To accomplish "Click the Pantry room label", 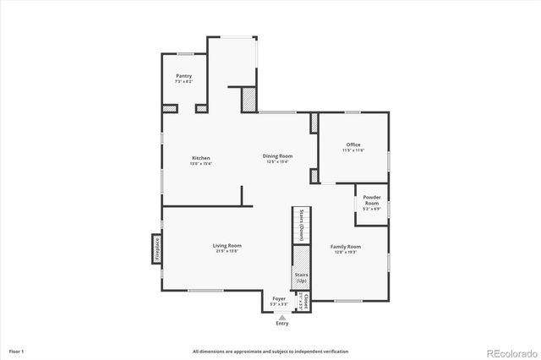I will click(183, 76).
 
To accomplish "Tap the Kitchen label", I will click(200, 158).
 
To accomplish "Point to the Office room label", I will click(353, 145).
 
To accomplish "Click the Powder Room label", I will click(372, 200).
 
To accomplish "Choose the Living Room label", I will click(228, 245).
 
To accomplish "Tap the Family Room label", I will click(345, 246).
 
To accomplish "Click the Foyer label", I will click(278, 298).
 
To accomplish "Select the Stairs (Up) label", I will click(301, 277).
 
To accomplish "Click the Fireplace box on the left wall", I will click(156, 250).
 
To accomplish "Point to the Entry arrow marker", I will click(281, 317).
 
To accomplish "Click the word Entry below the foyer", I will click(281, 324).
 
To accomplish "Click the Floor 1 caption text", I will click(17, 350).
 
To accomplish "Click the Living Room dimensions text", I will click(228, 251).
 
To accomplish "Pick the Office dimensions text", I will click(353, 150).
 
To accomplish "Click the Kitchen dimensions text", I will click(200, 164).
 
